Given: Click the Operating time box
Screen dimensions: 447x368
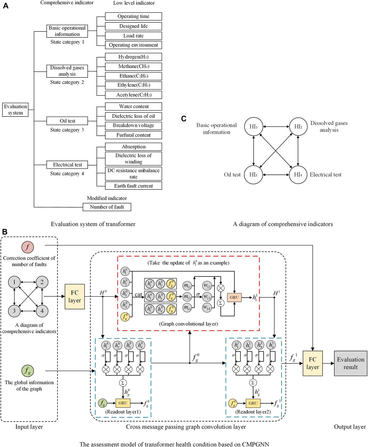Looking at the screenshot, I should pyautogui.click(x=133, y=16).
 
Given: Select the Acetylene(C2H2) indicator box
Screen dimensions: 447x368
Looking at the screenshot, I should pyautogui.click(x=133, y=95).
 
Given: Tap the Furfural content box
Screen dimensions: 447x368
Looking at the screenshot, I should pyautogui.click(x=133, y=135).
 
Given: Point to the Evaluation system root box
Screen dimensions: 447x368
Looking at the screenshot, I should pyautogui.click(x=16, y=110).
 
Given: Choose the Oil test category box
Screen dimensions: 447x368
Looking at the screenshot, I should pyautogui.click(x=67, y=121).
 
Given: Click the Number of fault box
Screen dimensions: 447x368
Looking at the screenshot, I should pyautogui.click(x=107, y=207).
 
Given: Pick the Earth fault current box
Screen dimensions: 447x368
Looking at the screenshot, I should pyautogui.click(x=133, y=186).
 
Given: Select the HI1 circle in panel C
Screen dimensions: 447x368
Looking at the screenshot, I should pyautogui.click(x=254, y=127).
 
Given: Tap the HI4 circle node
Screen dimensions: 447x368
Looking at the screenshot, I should pyautogui.click(x=298, y=174).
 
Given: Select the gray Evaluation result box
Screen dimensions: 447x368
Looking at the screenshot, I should pyautogui.click(x=350, y=363).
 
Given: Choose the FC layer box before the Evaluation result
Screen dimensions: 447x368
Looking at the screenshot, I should pyautogui.click(x=312, y=363).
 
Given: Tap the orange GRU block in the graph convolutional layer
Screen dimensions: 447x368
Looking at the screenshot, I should pyautogui.click(x=235, y=297).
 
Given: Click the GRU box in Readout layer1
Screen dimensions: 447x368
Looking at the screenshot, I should pyautogui.click(x=123, y=403).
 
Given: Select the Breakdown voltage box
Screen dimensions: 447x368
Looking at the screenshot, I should pyautogui.click(x=133, y=125).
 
